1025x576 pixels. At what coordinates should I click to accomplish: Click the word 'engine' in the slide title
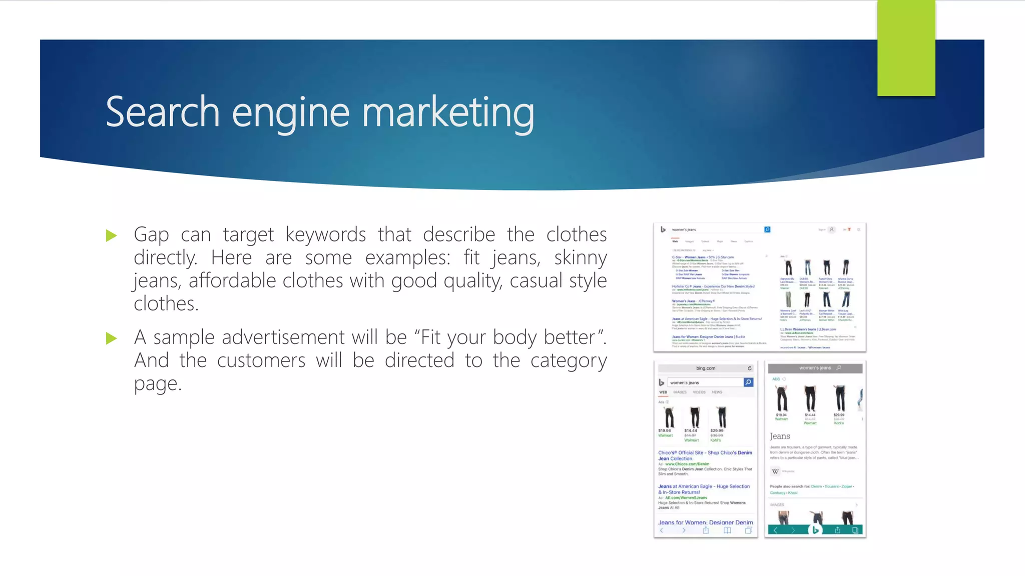(x=290, y=113)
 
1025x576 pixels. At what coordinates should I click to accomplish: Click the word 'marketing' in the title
(x=448, y=113)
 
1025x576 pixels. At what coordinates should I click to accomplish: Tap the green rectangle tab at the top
(x=906, y=48)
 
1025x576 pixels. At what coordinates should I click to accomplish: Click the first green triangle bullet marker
(x=112, y=235)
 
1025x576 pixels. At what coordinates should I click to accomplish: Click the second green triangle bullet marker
(x=112, y=338)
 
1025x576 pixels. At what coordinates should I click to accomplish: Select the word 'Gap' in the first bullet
(x=151, y=235)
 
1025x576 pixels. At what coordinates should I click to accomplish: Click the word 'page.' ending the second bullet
(x=158, y=384)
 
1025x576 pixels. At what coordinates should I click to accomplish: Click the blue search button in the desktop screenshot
(x=767, y=229)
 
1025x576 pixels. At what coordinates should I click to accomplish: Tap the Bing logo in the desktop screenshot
(x=663, y=229)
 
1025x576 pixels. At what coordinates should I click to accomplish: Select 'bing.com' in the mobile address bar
(x=705, y=368)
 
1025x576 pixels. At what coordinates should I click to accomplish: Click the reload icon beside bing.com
(x=749, y=368)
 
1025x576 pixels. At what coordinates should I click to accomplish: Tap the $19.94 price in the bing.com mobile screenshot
(x=665, y=430)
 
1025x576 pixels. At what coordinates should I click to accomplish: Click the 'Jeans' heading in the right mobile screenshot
(x=780, y=436)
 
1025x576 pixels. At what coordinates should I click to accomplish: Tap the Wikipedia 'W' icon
(x=775, y=471)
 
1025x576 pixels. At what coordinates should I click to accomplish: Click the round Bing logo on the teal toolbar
(x=815, y=530)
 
